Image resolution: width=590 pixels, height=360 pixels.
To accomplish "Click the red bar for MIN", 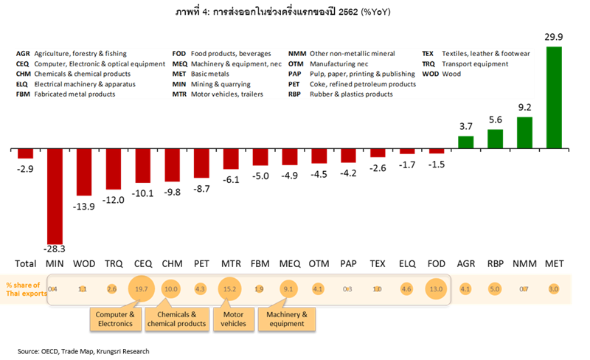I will pos(55,196).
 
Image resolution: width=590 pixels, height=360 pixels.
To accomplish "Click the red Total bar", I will pos(26,153).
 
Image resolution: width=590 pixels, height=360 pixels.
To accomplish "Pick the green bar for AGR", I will pos(465,141).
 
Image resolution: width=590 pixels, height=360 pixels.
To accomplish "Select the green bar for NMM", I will pos(524,133).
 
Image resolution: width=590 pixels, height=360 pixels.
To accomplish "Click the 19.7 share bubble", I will pos(142,288).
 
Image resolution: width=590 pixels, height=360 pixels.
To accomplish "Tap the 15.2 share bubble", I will pos(230,288).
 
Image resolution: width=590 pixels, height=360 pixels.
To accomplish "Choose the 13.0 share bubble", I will pos(436,288).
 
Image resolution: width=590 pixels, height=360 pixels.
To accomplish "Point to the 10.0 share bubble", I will pos(172,288).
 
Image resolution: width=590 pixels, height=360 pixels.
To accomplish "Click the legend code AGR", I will pos(23,54).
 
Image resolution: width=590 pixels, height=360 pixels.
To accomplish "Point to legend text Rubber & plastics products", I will pos(356,95).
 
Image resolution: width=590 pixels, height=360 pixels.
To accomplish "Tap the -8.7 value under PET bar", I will pos(201,189).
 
